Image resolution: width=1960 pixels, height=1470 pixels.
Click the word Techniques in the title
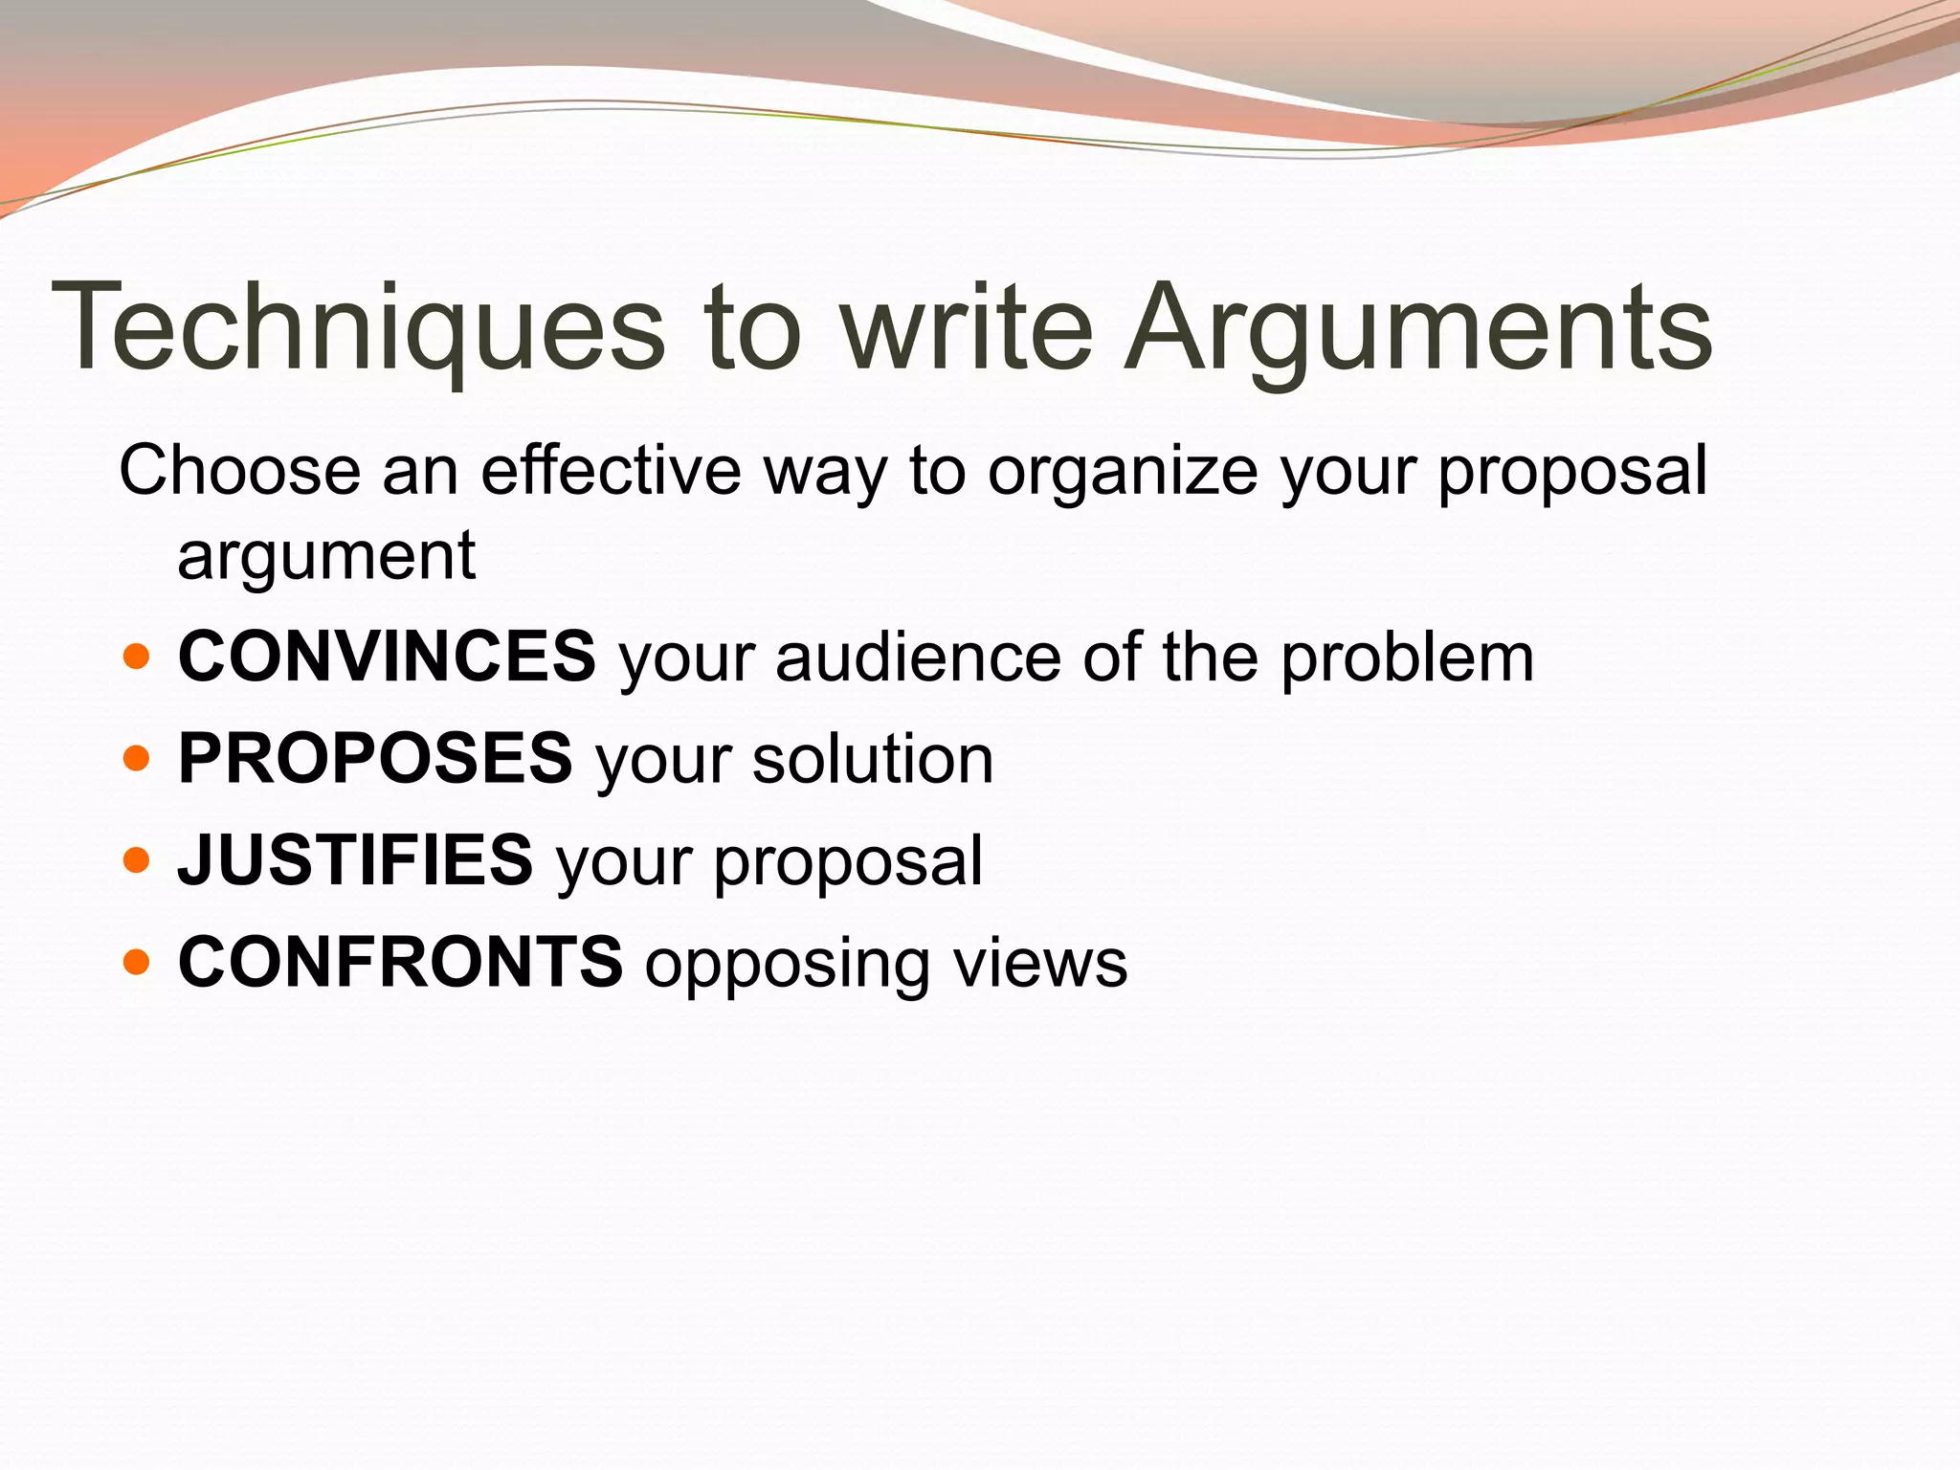358,327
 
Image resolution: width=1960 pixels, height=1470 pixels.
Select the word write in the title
967,327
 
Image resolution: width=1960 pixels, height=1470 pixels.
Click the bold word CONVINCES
387,657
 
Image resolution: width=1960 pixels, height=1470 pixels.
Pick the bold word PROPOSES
375,758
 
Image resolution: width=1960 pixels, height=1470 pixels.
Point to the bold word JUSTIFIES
355,859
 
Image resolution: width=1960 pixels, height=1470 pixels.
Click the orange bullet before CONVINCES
137,657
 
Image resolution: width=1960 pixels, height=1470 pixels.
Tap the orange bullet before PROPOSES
137,759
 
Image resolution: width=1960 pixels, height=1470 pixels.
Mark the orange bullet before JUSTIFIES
137,860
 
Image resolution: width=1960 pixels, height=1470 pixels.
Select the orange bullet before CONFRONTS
137,962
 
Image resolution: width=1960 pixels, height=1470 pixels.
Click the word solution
873,760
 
